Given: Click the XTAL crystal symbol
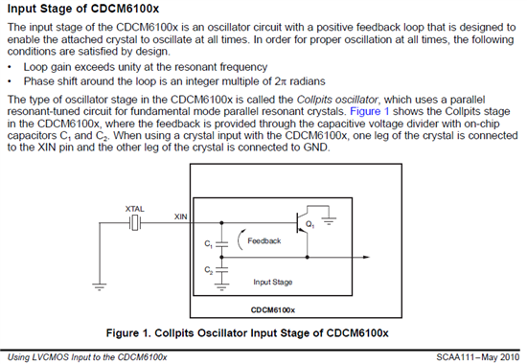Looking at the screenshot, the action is tap(135, 223).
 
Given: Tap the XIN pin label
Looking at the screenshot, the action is tap(180, 216).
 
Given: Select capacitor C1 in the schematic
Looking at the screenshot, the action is tap(221, 244).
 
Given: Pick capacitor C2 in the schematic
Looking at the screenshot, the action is tap(221, 269).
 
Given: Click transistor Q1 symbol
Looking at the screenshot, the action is tap(302, 223).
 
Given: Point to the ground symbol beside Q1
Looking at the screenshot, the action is tap(329, 221).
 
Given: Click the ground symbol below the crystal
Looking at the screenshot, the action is tap(100, 286).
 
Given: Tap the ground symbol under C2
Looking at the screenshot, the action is tap(221, 286).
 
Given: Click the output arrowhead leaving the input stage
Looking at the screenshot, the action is tap(366, 257).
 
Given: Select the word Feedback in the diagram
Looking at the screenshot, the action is tap(264, 240).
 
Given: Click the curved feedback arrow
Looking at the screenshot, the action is tap(239, 239).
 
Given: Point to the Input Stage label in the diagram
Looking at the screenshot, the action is tap(273, 282).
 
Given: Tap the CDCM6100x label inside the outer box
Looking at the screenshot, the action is tap(273, 310).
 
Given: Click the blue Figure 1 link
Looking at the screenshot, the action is tap(369, 111).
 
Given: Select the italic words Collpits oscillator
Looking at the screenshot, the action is tap(337, 100).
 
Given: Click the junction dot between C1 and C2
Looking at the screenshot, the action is tap(221, 257).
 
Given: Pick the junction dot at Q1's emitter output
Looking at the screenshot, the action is tap(308, 257).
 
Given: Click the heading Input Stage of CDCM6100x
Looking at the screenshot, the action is tap(83, 9).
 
